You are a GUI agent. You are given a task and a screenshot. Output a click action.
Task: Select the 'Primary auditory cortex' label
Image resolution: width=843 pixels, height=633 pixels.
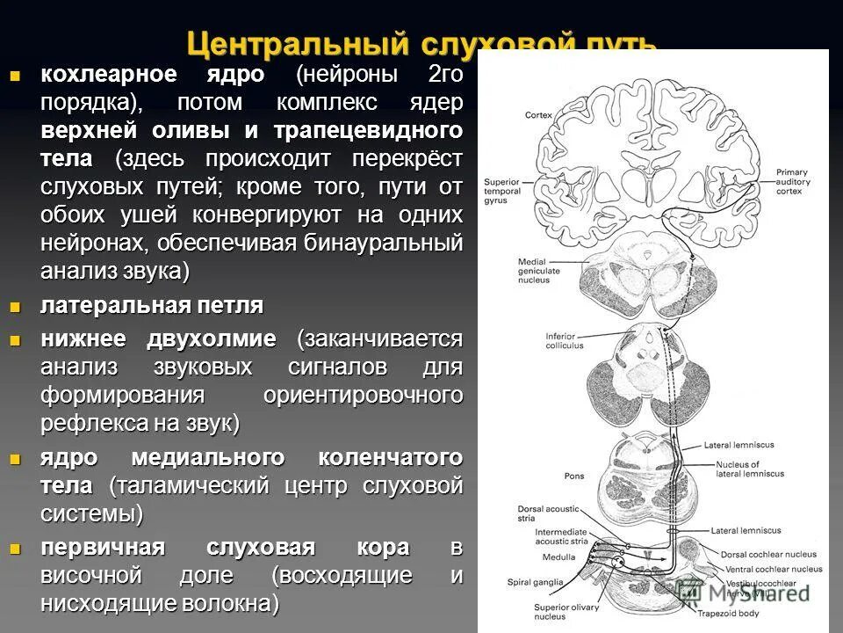pyautogui.click(x=793, y=182)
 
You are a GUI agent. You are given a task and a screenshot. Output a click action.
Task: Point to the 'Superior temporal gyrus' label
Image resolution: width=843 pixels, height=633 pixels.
pyautogui.click(x=503, y=191)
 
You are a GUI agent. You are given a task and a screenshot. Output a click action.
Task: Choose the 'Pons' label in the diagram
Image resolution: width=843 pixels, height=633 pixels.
pyautogui.click(x=574, y=476)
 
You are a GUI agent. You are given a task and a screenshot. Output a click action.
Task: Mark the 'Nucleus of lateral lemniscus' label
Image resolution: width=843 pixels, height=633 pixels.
pyautogui.click(x=750, y=469)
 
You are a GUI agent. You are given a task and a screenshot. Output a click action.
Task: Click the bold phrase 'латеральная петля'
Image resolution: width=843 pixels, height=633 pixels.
pyautogui.click(x=151, y=306)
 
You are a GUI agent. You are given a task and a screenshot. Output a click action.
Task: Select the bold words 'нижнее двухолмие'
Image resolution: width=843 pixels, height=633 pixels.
pyautogui.click(x=158, y=339)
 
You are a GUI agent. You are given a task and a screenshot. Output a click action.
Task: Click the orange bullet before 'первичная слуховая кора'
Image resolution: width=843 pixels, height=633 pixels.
pyautogui.click(x=14, y=548)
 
